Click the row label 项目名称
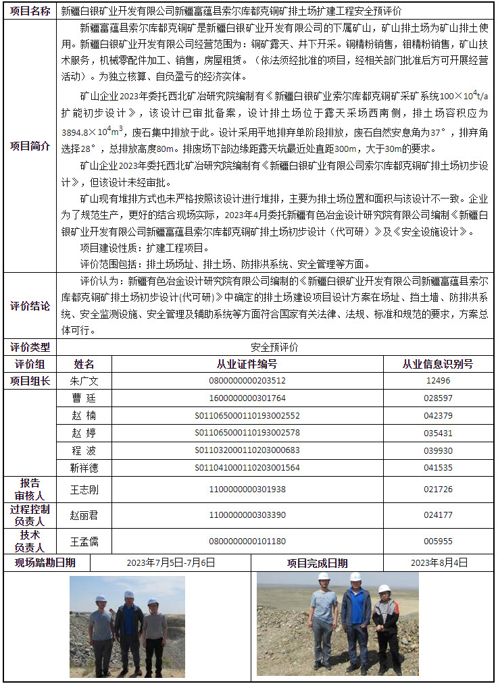click(x=30, y=11)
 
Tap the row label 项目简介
click(x=30, y=145)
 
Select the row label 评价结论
click(x=30, y=305)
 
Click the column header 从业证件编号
click(x=247, y=364)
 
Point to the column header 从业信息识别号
click(x=437, y=364)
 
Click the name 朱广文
click(x=84, y=381)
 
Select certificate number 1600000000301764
click(x=247, y=398)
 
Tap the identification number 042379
click(x=437, y=415)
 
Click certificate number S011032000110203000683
click(x=247, y=450)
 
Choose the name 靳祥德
click(x=84, y=467)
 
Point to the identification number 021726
click(x=437, y=489)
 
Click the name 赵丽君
click(x=84, y=515)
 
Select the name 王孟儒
click(x=84, y=541)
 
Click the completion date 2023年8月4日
click(x=439, y=562)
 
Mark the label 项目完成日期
click(x=318, y=562)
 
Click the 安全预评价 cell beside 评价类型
click(x=274, y=347)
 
